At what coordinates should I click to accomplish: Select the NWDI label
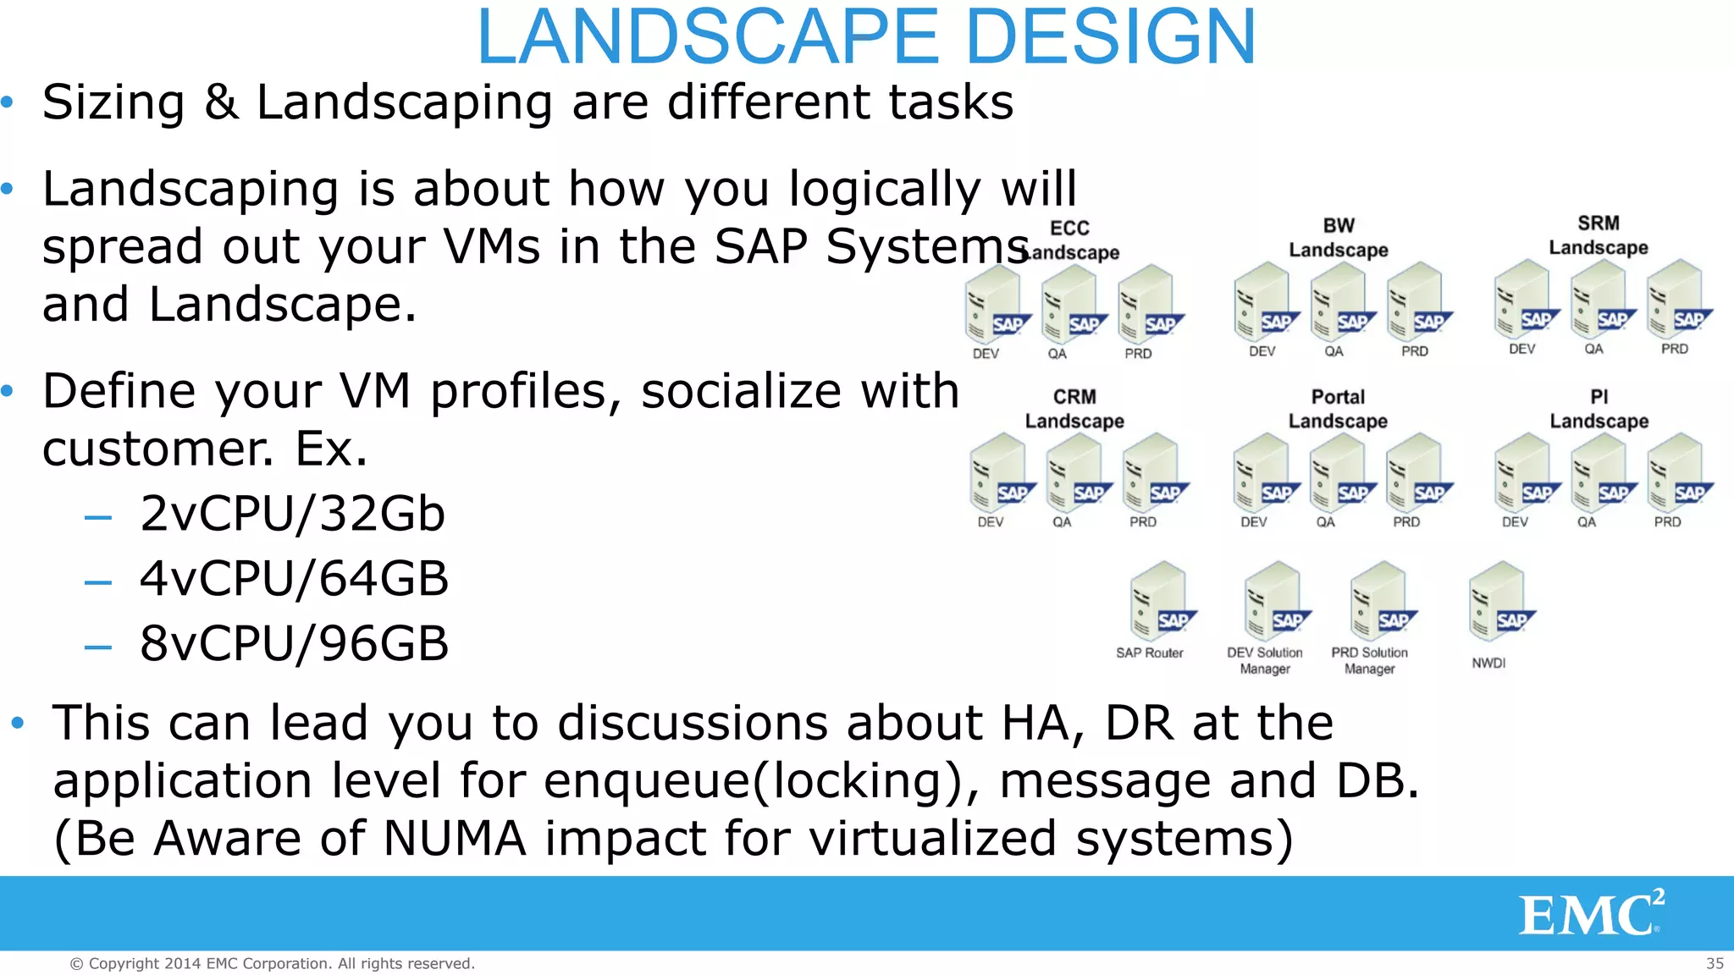pos(1488,663)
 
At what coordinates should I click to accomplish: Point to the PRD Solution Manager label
pos(1369,660)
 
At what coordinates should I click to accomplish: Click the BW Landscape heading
pos(1338,238)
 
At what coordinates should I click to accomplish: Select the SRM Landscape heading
pos(1598,235)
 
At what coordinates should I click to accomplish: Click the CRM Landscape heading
pos(1074,409)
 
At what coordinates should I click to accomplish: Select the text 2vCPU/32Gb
pos(292,514)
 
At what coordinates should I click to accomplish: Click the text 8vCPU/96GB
pos(294,643)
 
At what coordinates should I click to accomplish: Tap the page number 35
pos(1715,963)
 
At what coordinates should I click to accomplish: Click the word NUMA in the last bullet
pos(455,838)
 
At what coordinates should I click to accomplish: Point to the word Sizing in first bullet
pos(113,102)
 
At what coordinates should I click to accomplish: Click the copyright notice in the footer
pos(272,963)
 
